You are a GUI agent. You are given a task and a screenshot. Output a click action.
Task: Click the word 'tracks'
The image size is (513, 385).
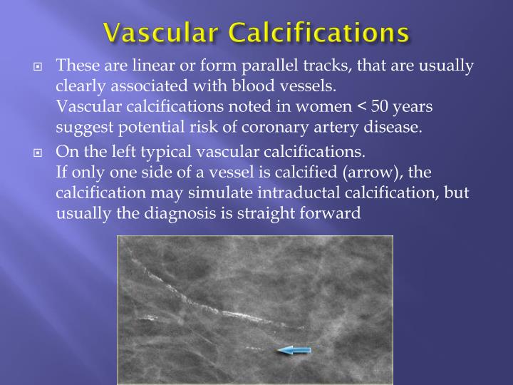[317, 66]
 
